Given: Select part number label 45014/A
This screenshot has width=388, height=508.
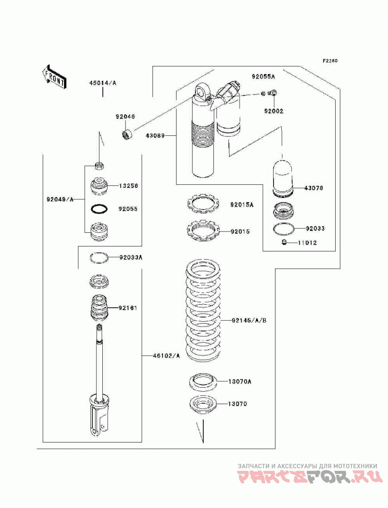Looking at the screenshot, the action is (x=103, y=83).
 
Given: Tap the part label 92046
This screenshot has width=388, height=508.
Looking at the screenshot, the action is (x=125, y=116).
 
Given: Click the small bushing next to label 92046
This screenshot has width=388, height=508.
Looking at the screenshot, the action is (x=127, y=133).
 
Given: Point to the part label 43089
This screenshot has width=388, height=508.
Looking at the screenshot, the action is (x=155, y=135).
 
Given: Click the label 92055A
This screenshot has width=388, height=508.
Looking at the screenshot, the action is (x=263, y=77).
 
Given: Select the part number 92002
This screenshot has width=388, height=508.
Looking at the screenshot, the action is (x=274, y=111).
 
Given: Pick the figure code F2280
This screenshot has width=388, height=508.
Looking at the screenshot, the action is (x=330, y=61).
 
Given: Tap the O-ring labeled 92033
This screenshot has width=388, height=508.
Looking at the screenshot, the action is (x=284, y=229).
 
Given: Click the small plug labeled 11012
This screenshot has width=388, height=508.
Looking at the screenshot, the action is (x=284, y=242).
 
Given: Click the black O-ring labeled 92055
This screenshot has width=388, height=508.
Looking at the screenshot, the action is (x=99, y=209).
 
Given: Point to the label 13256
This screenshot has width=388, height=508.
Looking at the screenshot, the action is (x=128, y=186).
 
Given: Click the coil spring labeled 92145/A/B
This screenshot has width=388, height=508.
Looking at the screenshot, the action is (x=203, y=311).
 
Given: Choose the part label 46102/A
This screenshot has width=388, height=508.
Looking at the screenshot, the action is (x=166, y=356).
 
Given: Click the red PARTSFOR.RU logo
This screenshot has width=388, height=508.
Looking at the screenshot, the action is (x=308, y=477).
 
